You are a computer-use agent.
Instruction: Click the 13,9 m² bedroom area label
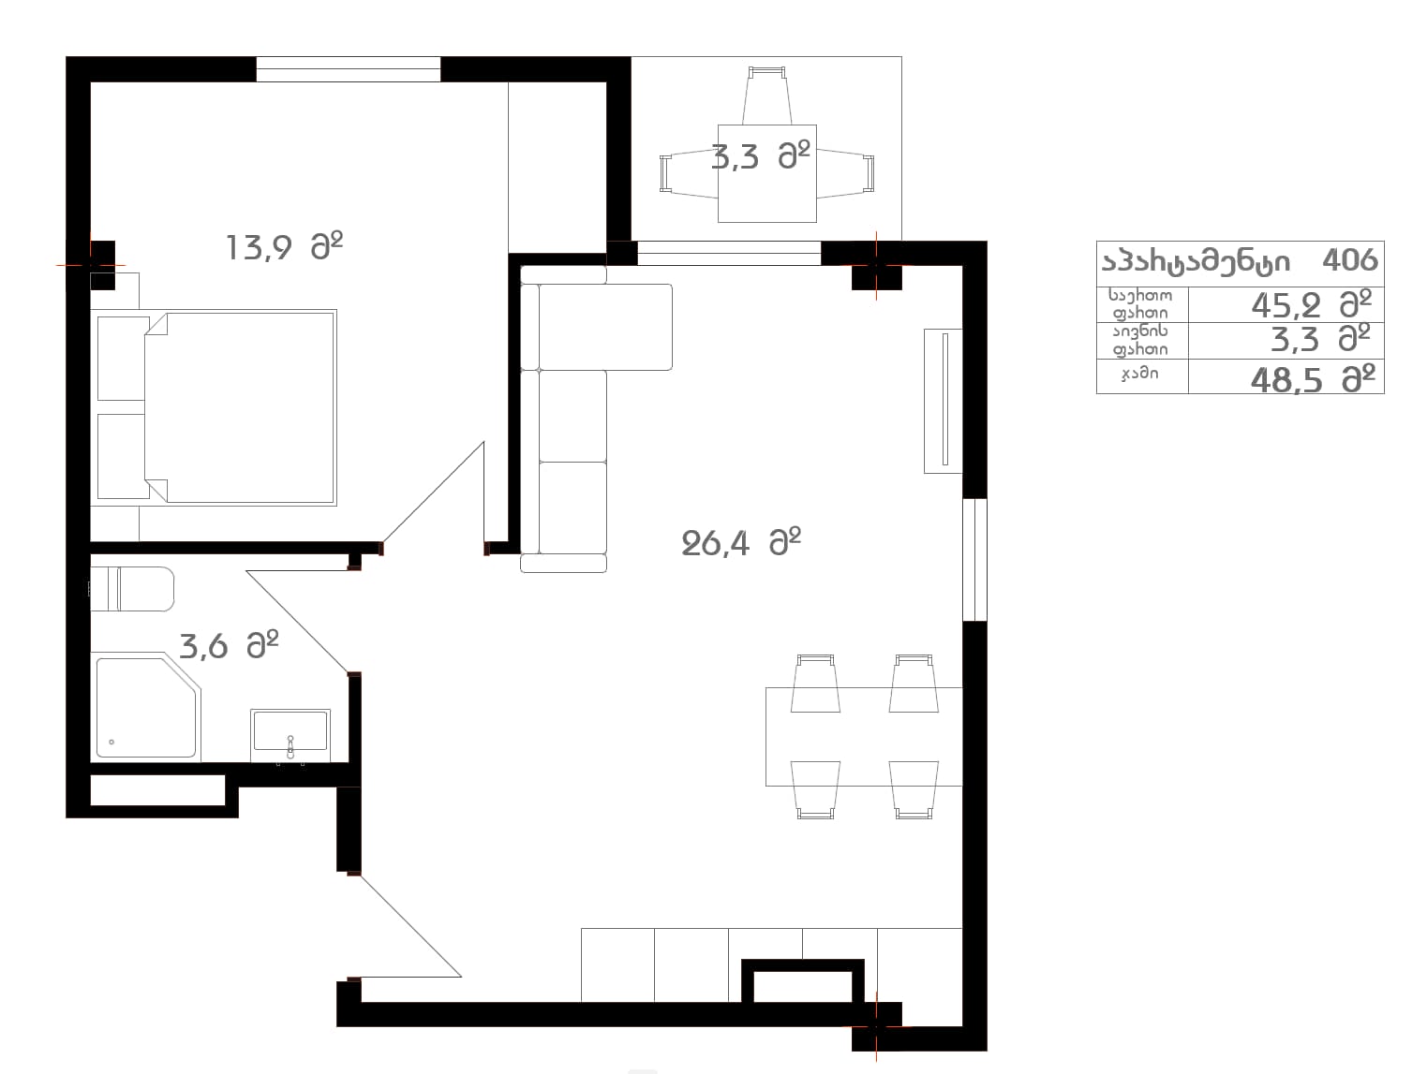(x=284, y=246)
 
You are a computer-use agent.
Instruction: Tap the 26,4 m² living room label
(x=740, y=542)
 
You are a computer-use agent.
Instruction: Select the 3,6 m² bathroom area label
(x=229, y=644)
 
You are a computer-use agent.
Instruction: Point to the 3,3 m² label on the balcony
(x=761, y=156)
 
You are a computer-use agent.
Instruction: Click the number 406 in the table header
(x=1349, y=260)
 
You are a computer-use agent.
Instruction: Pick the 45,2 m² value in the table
(x=1311, y=304)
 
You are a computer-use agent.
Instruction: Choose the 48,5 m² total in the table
(x=1313, y=379)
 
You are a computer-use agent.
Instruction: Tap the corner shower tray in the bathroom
(x=146, y=707)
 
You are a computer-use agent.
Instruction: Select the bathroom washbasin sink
(x=290, y=734)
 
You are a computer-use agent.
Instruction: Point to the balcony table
(x=766, y=173)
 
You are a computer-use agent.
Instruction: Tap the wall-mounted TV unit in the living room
(x=944, y=401)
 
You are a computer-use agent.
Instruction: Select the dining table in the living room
(x=863, y=737)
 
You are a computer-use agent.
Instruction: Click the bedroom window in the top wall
(x=349, y=69)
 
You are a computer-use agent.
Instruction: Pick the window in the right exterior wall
(x=974, y=559)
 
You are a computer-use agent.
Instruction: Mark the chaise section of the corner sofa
(x=605, y=326)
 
